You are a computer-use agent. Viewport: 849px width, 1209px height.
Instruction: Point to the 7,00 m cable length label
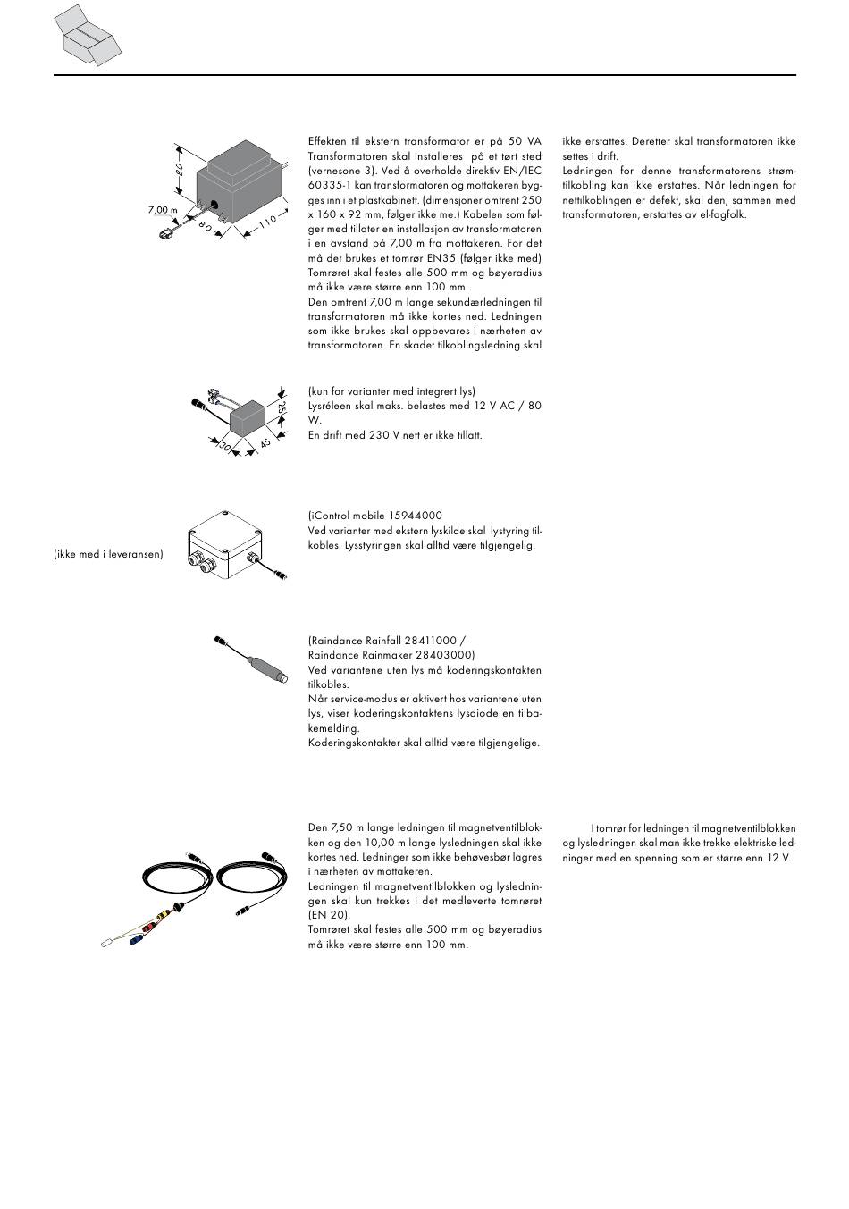[x=163, y=210]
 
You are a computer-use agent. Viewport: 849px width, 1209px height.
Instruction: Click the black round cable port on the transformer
[x=214, y=204]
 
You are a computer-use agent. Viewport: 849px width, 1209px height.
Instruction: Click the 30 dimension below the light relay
[x=224, y=445]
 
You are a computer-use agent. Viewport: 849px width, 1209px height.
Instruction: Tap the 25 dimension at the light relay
[x=282, y=408]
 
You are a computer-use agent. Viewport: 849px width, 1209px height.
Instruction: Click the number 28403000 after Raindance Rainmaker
[x=440, y=655]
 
